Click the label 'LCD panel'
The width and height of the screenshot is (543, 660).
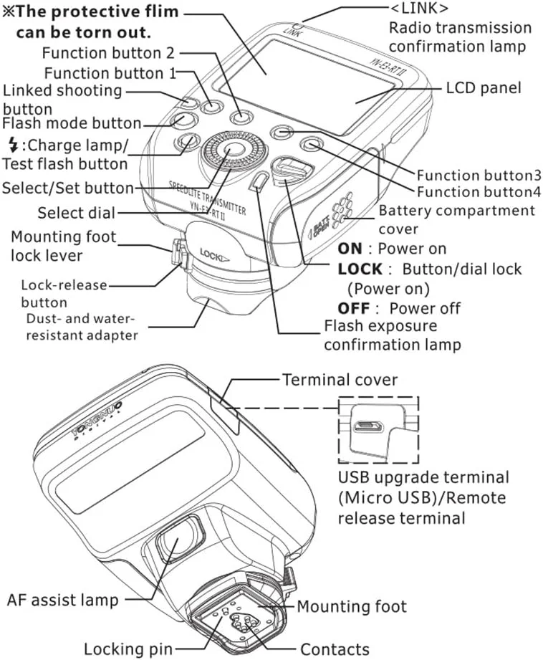pos(483,89)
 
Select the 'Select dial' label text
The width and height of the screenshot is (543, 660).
pos(75,213)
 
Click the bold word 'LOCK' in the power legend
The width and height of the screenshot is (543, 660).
pos(360,269)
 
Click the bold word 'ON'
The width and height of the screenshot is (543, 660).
pos(350,249)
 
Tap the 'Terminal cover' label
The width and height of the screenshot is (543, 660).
pos(339,380)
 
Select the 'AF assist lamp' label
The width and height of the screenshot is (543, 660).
pos(62,599)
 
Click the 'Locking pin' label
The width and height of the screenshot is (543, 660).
pos(128,649)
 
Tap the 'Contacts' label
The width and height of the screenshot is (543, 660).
pos(335,649)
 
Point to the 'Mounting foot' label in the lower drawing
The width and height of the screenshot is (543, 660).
pos(351,606)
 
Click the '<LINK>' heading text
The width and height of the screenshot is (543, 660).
pos(419,10)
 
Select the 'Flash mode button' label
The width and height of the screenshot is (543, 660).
pos(72,123)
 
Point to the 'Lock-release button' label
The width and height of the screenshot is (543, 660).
pos(64,293)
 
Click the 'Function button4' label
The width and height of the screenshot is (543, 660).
pos(479,192)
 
